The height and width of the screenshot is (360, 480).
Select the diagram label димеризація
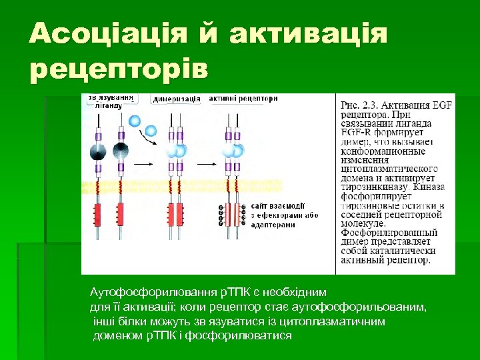177,99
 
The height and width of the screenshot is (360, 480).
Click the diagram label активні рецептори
243,98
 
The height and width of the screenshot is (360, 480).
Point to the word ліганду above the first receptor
109,105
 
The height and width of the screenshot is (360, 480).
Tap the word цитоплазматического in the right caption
389,169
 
